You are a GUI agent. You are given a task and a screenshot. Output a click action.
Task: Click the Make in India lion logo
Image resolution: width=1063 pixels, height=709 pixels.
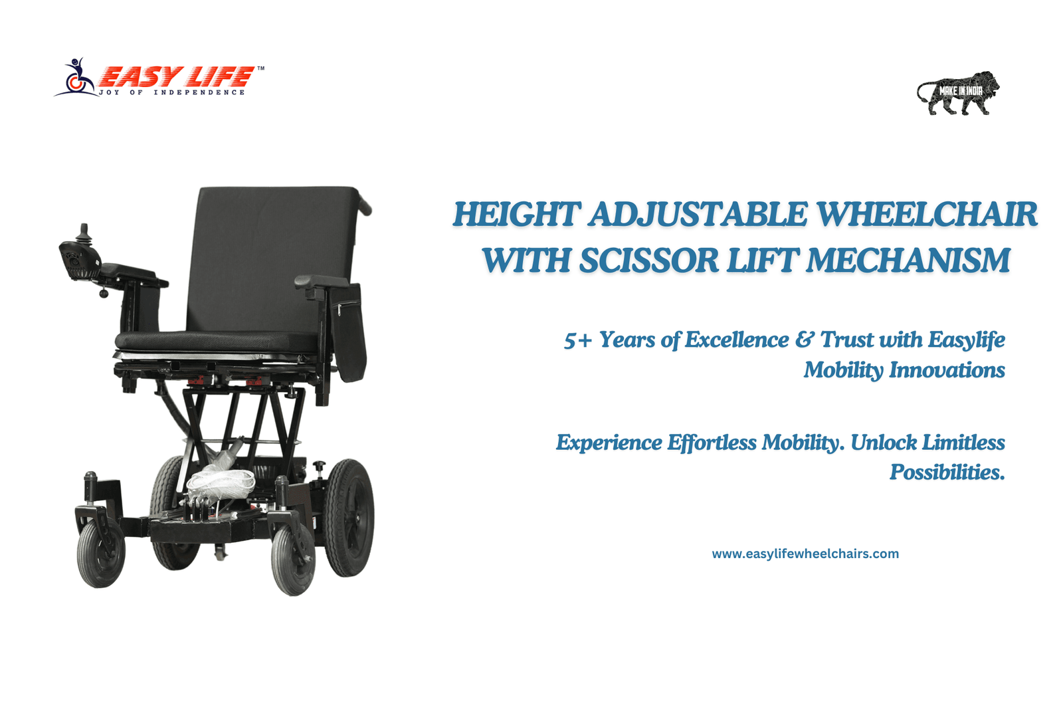(957, 93)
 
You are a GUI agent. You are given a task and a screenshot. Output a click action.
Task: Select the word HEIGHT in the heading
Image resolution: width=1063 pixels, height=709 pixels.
(517, 215)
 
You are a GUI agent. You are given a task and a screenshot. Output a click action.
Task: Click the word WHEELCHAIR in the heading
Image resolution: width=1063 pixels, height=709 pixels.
(927, 215)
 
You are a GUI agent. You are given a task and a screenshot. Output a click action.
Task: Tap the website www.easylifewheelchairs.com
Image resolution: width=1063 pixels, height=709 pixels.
(805, 554)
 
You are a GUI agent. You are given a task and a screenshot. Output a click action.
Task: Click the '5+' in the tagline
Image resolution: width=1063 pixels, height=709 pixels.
(578, 340)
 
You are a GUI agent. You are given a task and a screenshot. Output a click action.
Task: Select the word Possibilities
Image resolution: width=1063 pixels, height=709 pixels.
(947, 472)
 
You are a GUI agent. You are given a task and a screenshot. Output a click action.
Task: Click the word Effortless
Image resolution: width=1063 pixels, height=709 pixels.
(712, 443)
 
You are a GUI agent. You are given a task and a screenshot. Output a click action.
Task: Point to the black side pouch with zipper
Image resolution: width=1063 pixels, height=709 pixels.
(348, 333)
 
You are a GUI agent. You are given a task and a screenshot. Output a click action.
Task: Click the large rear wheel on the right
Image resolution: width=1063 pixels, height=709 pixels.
(349, 518)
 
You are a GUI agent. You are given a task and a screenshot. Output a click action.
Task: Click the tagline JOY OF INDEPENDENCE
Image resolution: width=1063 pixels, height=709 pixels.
(172, 92)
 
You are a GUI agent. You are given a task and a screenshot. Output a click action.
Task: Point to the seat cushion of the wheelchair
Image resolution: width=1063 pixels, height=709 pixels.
(216, 342)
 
